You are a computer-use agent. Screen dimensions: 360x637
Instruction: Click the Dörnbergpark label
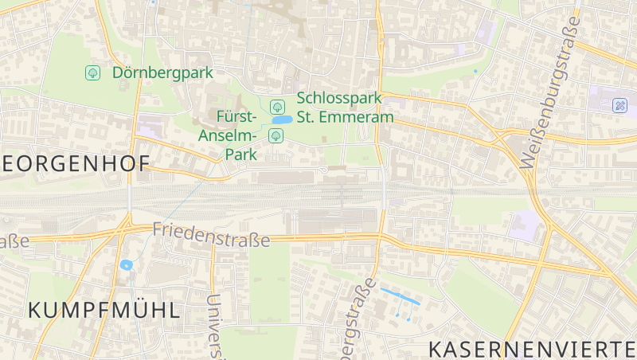[162, 72]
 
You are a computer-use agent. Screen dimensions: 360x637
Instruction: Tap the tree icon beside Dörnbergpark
[92, 72]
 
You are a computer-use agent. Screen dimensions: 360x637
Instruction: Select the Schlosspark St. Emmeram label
[346, 108]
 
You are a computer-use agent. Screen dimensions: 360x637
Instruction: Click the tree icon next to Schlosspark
[277, 106]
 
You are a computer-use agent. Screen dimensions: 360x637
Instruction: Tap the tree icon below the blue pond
[276, 135]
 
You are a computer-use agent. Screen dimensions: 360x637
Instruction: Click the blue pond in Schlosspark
[281, 120]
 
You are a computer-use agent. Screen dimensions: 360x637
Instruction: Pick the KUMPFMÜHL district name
[104, 311]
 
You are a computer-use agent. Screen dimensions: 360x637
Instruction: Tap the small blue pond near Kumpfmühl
[126, 265]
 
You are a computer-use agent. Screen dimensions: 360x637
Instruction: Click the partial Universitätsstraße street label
[214, 327]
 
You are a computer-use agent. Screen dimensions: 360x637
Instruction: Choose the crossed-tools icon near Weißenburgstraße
[619, 104]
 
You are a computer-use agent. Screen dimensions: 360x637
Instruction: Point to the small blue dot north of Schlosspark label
[475, 72]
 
